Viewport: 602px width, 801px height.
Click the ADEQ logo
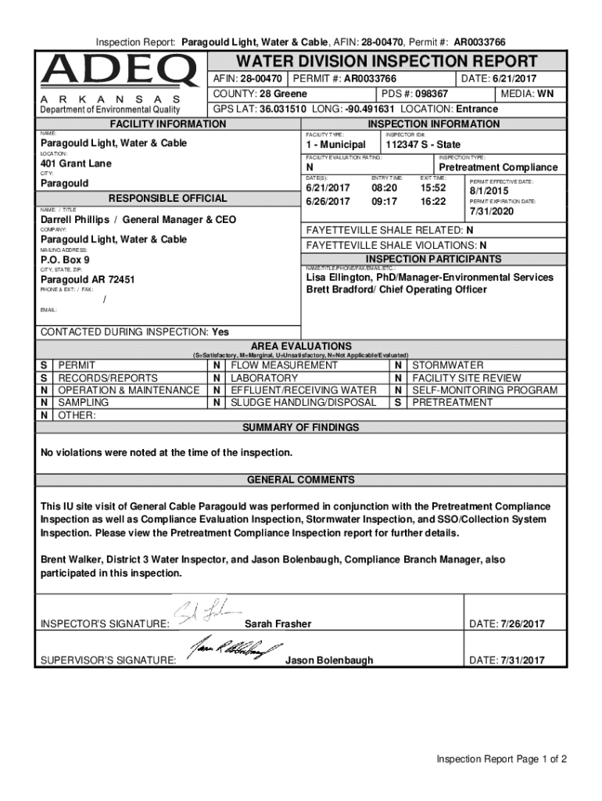pyautogui.click(x=120, y=71)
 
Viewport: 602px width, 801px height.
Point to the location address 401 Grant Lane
pyautogui.click(x=76, y=163)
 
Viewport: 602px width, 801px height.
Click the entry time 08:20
pyautogui.click(x=384, y=189)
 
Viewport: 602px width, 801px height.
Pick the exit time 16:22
pyautogui.click(x=432, y=202)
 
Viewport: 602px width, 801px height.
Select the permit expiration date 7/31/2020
pyautogui.click(x=492, y=213)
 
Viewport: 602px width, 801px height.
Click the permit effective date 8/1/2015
pyautogui.click(x=489, y=192)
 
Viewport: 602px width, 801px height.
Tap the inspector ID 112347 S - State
pyautogui.click(x=422, y=145)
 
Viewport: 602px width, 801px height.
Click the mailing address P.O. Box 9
pyautogui.click(x=65, y=259)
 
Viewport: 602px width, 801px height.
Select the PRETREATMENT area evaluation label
pyautogui.click(x=452, y=403)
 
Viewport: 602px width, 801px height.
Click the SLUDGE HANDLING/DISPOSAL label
pyautogui.click(x=303, y=403)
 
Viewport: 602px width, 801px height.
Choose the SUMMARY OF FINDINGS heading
pyautogui.click(x=301, y=428)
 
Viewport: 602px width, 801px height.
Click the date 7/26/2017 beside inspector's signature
pyautogui.click(x=518, y=623)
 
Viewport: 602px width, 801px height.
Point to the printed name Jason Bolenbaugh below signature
pyautogui.click(x=329, y=661)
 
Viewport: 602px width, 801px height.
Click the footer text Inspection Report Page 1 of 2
pyautogui.click(x=501, y=760)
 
